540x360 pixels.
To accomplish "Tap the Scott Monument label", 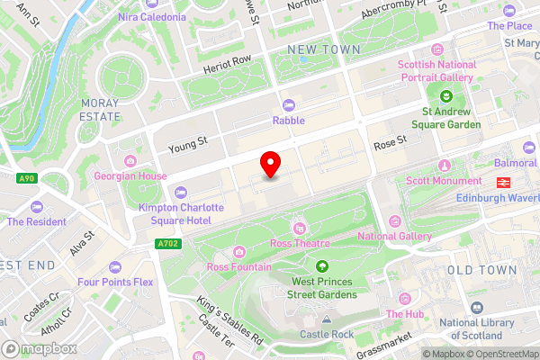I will [x=443, y=180].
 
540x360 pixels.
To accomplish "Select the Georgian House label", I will [x=130, y=175].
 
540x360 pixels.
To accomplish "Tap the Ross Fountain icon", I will [x=238, y=251].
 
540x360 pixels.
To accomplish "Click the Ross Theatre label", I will [x=300, y=243].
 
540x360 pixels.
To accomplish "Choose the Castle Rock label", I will [x=327, y=334].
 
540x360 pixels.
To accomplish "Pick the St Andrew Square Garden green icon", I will [x=445, y=96].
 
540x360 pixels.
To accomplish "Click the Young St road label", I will [x=187, y=141].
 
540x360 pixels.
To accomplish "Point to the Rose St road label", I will [x=391, y=141].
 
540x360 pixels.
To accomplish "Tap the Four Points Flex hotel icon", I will [x=114, y=266].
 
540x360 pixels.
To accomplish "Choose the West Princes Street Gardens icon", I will [x=322, y=265].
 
